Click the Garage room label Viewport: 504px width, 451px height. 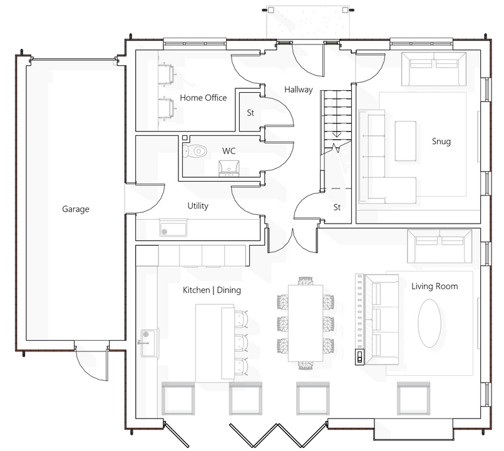(x=75, y=209)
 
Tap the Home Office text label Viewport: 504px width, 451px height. (x=203, y=98)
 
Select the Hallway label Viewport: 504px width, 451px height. (x=298, y=90)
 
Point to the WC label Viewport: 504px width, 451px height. (x=229, y=151)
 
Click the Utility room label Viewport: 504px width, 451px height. (x=198, y=205)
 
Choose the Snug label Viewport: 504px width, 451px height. (x=441, y=141)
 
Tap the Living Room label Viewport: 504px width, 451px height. (x=434, y=286)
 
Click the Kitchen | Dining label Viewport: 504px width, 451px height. (x=212, y=290)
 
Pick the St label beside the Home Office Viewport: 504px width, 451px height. (x=250, y=113)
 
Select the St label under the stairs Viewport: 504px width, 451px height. (x=337, y=207)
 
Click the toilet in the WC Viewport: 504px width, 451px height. (x=195, y=150)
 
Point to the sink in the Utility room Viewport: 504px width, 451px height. (x=173, y=228)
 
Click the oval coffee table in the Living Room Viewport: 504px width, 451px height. (x=429, y=323)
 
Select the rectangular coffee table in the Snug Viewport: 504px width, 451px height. (x=405, y=140)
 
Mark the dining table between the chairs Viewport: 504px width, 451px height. (x=306, y=323)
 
